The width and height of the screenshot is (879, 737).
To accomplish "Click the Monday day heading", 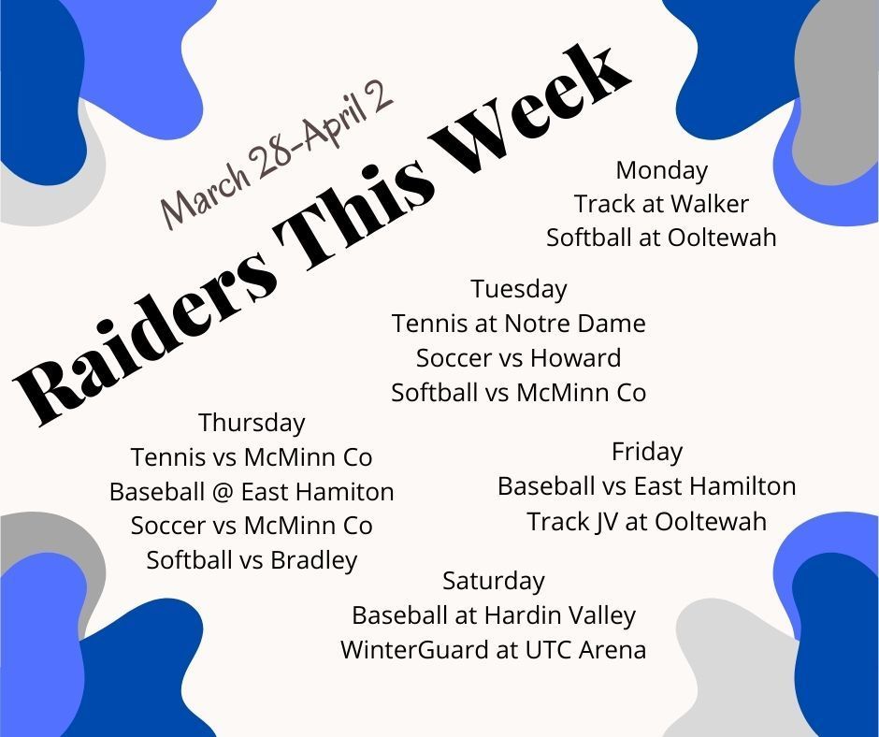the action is pos(661,170).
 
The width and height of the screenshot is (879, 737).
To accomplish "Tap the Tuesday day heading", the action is pos(519,290).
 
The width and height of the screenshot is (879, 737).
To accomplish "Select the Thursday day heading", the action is pos(252,423).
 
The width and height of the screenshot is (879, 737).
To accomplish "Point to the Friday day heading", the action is pos(647,452).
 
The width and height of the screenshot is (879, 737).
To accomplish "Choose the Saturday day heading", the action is pos(494,581).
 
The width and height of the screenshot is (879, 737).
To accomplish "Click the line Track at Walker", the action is pos(661,204).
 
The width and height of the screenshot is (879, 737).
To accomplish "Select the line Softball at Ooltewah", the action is pos(661,238).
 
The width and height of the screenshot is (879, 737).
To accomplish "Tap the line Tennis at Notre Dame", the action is pos(519,324).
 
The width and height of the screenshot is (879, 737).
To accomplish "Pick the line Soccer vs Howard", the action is pos(519,358).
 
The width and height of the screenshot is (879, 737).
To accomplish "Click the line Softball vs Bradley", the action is pos(252,560).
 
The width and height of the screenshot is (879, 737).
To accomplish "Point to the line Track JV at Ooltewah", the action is pos(647,522).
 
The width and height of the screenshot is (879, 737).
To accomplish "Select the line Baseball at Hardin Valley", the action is pos(494,615).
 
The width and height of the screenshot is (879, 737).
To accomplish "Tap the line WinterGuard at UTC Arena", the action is pos(494,650).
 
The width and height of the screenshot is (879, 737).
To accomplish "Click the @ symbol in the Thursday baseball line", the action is pos(222,493).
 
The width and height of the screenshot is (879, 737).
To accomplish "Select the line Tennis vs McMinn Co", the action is pos(252,457).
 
